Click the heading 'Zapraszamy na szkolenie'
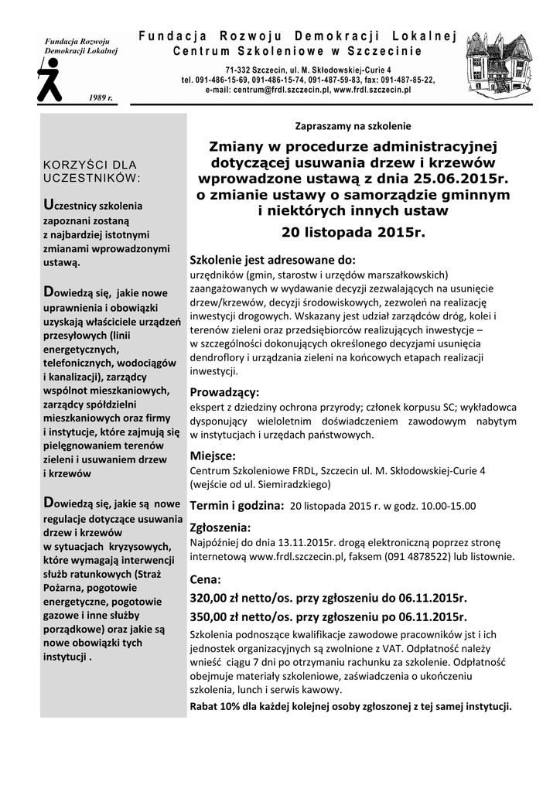353,125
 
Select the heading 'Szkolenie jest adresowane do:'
272,260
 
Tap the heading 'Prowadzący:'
225,391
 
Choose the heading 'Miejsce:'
213,456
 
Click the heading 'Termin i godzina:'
237,505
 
